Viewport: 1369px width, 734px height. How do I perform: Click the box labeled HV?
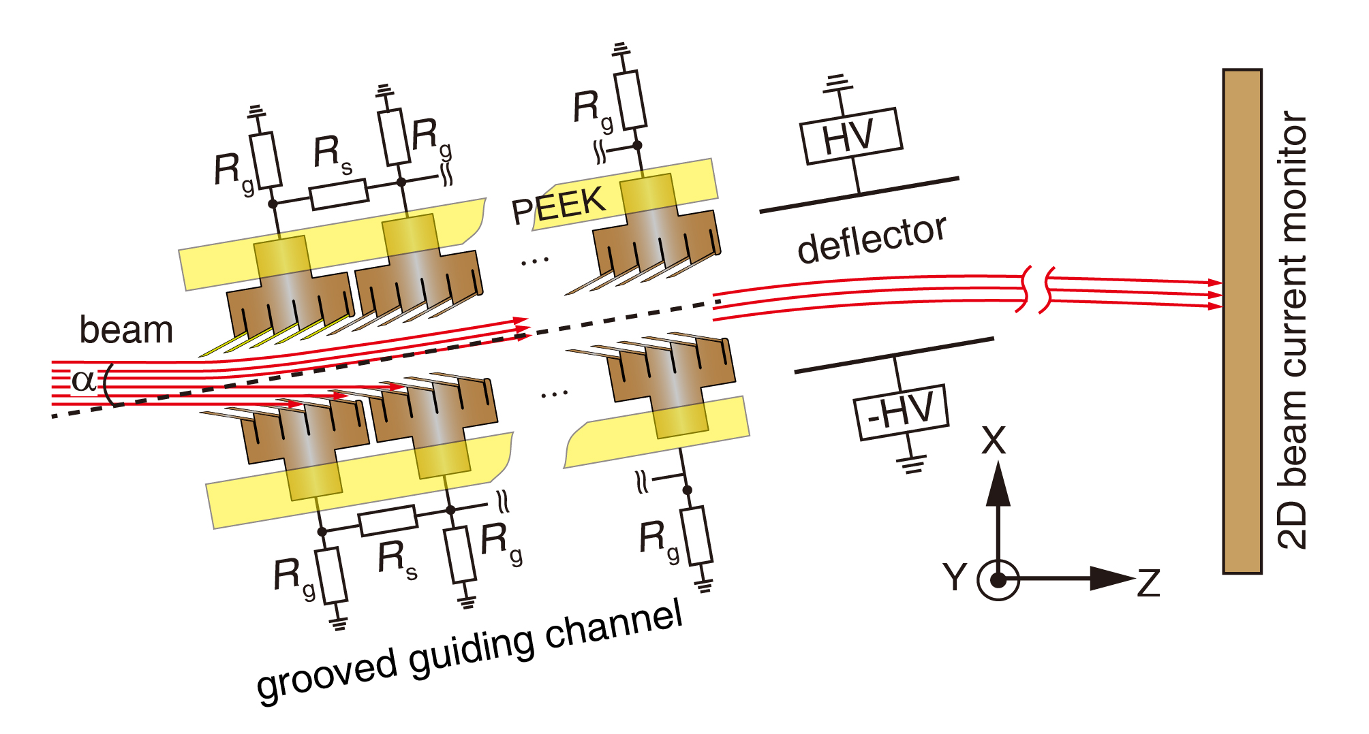click(x=852, y=136)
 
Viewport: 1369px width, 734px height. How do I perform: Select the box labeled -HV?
click(x=902, y=413)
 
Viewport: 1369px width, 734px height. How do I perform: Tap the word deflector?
click(x=872, y=239)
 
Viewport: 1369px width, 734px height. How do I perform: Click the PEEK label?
click(x=559, y=205)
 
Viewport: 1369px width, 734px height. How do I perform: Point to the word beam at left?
click(x=126, y=330)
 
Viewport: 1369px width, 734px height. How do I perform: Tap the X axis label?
click(x=994, y=441)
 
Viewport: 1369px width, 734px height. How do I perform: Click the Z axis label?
click(x=1148, y=584)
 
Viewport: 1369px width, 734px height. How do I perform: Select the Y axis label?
click(x=955, y=577)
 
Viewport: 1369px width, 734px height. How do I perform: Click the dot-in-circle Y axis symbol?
click(x=998, y=580)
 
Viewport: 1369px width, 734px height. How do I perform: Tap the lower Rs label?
click(x=397, y=560)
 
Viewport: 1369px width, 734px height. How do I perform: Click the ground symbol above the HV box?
click(x=837, y=84)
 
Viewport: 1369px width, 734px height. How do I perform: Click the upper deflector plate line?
click(x=859, y=195)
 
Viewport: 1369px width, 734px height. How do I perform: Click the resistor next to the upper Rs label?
click(x=339, y=194)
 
